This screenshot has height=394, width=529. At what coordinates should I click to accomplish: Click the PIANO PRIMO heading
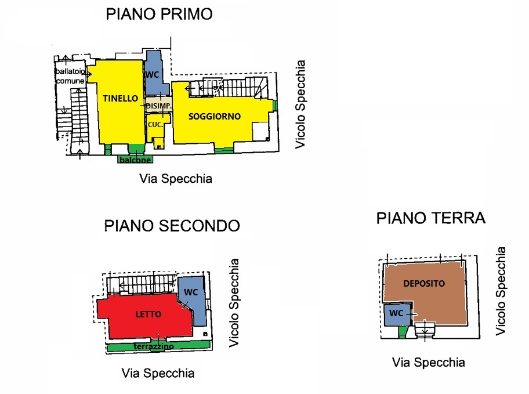[x=160, y=14]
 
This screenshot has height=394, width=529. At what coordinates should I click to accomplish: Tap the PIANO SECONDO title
[x=172, y=226]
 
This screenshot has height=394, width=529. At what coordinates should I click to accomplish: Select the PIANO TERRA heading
[x=431, y=218]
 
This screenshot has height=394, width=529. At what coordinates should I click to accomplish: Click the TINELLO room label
[x=121, y=98]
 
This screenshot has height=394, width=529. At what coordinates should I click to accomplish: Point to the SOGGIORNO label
[x=215, y=117]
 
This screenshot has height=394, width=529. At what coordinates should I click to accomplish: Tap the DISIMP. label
[x=159, y=106]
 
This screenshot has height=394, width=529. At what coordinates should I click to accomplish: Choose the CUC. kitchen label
[x=155, y=125]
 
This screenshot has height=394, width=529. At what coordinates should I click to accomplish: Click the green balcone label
[x=135, y=160]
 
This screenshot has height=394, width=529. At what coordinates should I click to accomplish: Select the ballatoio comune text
[x=70, y=76]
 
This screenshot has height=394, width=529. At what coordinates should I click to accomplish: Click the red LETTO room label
[x=148, y=315]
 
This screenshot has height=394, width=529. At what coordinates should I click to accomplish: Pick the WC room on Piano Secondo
[x=192, y=301]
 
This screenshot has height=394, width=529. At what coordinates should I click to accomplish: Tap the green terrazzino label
[x=154, y=346]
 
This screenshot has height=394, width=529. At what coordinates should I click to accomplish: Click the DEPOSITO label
[x=424, y=284]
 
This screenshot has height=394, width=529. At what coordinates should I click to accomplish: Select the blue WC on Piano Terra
[x=397, y=315]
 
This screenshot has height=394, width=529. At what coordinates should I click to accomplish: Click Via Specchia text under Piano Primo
[x=176, y=179]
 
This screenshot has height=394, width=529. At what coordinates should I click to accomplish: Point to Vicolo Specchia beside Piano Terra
[x=501, y=291]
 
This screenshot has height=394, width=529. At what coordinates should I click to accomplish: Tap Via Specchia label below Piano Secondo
[x=158, y=374]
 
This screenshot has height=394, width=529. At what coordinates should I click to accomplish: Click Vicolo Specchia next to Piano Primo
[x=300, y=104]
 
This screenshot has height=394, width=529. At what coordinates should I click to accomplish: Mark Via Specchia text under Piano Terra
[x=429, y=363]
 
